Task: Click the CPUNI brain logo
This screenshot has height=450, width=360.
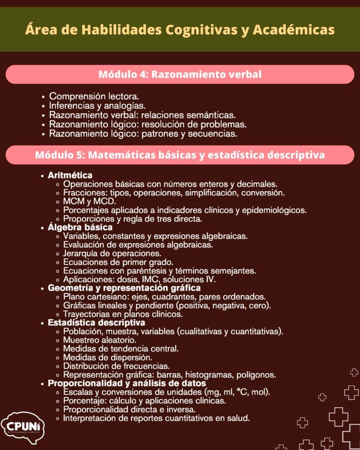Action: click(22, 426)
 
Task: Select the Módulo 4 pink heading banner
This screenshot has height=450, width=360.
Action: click(180, 74)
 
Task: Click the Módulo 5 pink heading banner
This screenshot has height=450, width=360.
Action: click(180, 155)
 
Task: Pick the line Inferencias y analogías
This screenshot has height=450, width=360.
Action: click(97, 105)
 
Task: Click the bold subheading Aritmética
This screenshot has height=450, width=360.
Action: click(70, 175)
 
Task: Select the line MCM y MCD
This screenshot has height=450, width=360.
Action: click(90, 201)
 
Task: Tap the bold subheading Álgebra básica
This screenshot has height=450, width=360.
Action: click(80, 227)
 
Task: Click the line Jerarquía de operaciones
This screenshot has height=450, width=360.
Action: click(112, 253)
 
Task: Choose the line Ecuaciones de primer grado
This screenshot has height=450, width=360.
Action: click(115, 262)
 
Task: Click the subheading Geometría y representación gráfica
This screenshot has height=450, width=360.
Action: click(124, 288)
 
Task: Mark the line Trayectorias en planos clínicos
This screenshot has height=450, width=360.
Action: click(123, 314)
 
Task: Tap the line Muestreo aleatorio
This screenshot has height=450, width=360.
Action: click(100, 340)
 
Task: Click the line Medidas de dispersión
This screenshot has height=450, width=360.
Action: click(108, 357)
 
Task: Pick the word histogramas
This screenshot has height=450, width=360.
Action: click(208, 375)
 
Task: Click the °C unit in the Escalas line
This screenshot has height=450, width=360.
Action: click(241, 392)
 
